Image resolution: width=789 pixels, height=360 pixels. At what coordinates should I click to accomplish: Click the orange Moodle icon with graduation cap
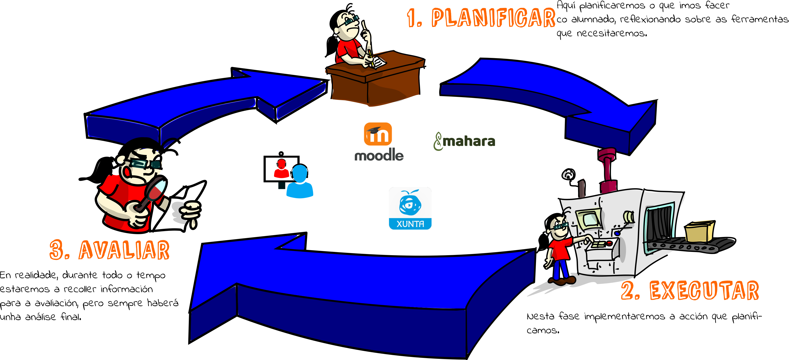pos(378,134)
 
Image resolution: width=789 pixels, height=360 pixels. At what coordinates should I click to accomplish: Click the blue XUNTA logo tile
pos(410,208)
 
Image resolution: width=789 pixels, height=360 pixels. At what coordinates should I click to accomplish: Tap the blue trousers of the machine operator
pos(560,269)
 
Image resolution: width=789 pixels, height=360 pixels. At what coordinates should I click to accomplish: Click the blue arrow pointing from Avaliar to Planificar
pos(199,101)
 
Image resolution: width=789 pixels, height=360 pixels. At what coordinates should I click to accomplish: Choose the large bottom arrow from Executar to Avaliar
pos(352,291)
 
